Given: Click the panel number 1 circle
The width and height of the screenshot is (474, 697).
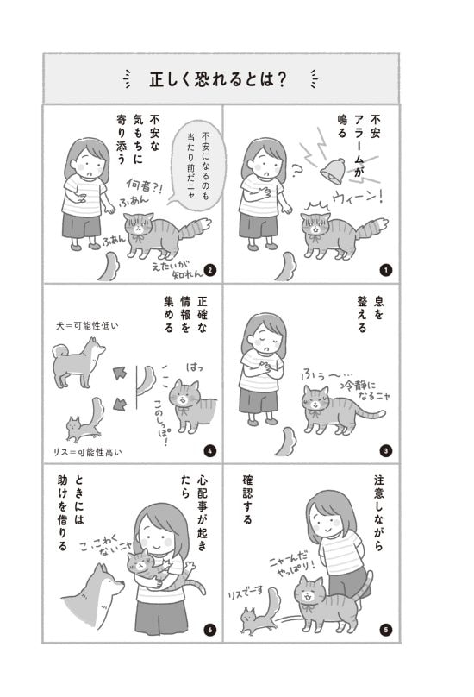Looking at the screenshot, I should [x=385, y=270].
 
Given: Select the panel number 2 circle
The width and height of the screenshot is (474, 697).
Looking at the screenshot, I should [x=209, y=270].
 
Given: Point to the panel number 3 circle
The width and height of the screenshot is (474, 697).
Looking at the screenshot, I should [x=385, y=449].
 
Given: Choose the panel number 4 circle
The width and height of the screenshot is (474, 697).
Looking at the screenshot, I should [x=209, y=449].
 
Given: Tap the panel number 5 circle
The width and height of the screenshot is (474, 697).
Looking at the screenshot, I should [x=385, y=629].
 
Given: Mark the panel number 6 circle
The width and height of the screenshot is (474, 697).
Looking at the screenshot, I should [x=209, y=629].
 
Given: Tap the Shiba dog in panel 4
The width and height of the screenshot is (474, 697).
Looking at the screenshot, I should [x=78, y=362].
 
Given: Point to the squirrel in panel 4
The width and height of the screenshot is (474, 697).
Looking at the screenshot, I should [x=83, y=420].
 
